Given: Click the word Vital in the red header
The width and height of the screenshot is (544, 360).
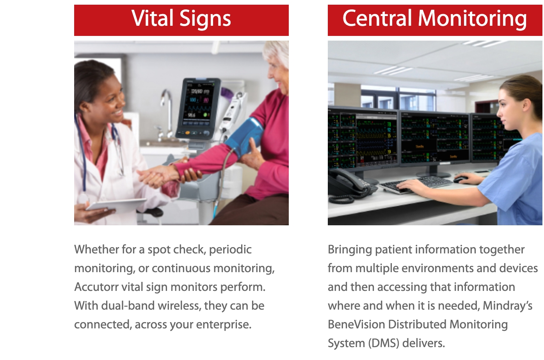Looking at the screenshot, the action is pyautogui.click(x=152, y=18).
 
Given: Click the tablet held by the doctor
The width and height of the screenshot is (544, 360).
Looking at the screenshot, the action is pyautogui.click(x=116, y=205).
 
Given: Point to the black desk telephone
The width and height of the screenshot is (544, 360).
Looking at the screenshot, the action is pyautogui.click(x=350, y=187).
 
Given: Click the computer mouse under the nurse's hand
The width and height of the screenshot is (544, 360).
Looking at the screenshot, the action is pyautogui.click(x=460, y=180).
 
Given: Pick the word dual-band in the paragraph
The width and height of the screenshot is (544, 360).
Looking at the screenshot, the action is pyautogui.click(x=128, y=306).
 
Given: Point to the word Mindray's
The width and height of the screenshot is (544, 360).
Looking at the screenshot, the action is pyautogui.click(x=508, y=306).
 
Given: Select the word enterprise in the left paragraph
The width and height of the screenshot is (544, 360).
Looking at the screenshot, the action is pyautogui.click(x=224, y=325).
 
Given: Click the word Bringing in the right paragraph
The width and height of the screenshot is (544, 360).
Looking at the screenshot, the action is pyautogui.click(x=350, y=250).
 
